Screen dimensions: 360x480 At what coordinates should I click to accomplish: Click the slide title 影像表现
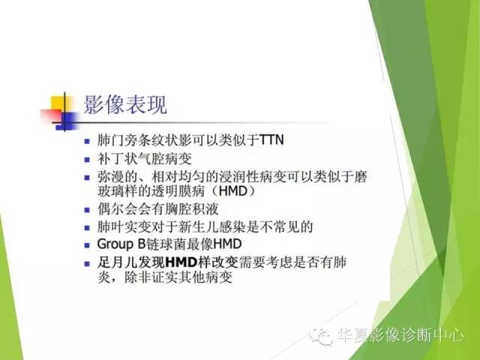[x=124, y=104]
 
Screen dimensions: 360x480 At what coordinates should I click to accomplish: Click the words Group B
[x=122, y=244]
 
